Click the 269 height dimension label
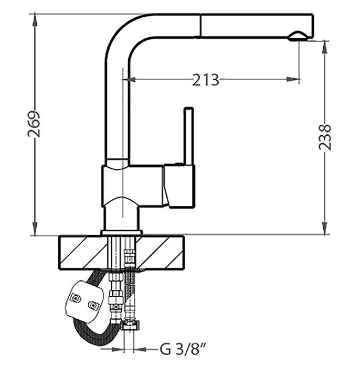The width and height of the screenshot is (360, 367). (34, 124)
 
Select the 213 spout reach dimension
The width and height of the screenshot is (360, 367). (206, 80)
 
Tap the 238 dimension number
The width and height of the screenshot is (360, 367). (325, 137)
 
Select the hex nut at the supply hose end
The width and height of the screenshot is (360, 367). (130, 326)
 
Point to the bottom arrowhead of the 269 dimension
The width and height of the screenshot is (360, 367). (35, 229)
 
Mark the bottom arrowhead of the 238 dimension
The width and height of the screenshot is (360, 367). (325, 228)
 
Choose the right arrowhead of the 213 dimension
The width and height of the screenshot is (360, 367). (293, 80)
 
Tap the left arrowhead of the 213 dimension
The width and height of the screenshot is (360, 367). (129, 80)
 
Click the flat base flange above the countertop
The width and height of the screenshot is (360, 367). (122, 232)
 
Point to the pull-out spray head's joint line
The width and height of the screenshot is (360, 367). (200, 25)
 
